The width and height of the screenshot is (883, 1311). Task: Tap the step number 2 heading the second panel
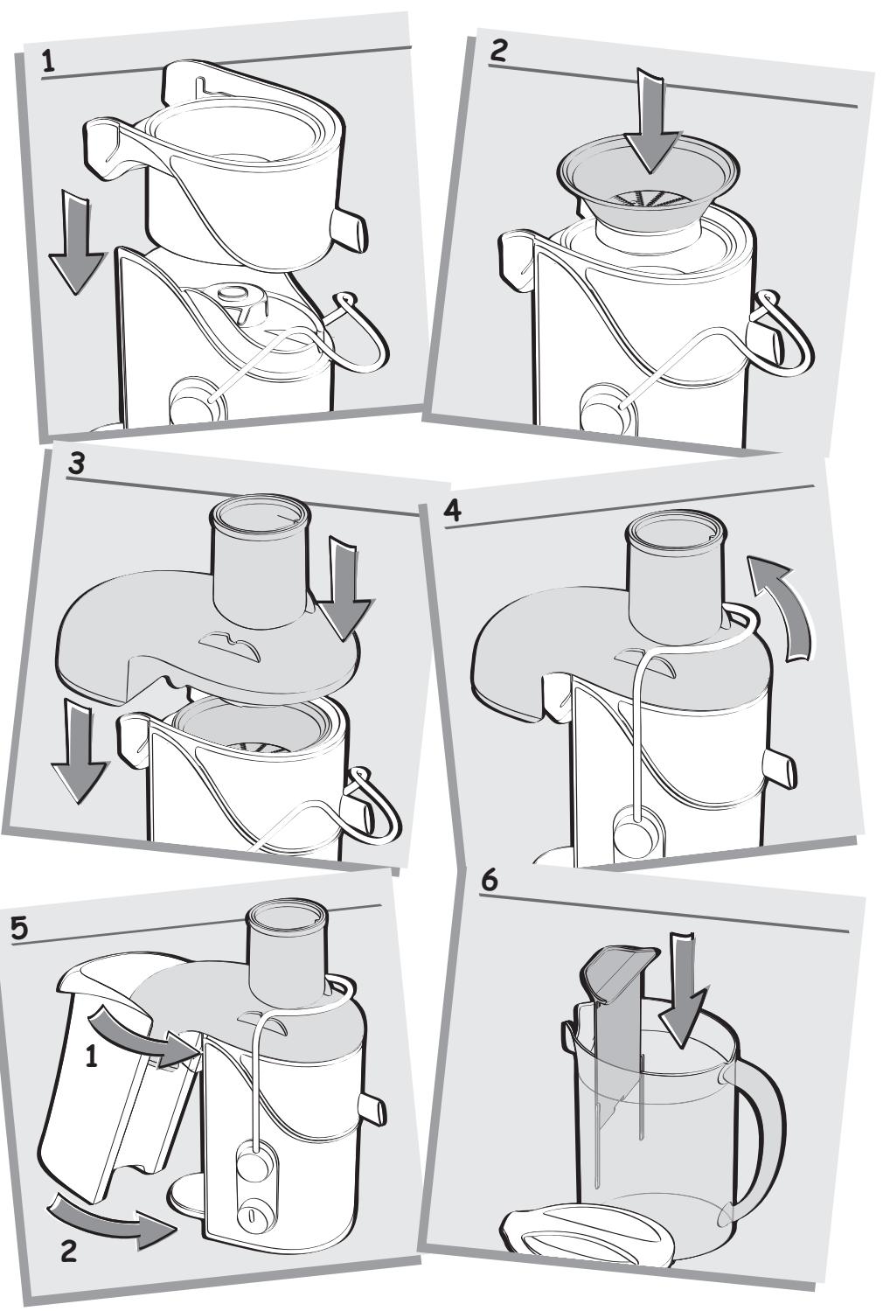click(498, 51)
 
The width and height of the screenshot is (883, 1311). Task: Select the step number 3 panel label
click(77, 464)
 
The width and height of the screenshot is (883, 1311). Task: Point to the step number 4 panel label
click(452, 512)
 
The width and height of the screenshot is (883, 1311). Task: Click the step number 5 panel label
click(19, 929)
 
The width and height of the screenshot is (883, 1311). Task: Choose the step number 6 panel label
click(490, 881)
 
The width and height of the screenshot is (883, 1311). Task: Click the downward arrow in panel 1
click(77, 244)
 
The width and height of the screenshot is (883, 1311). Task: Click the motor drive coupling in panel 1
click(241, 303)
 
